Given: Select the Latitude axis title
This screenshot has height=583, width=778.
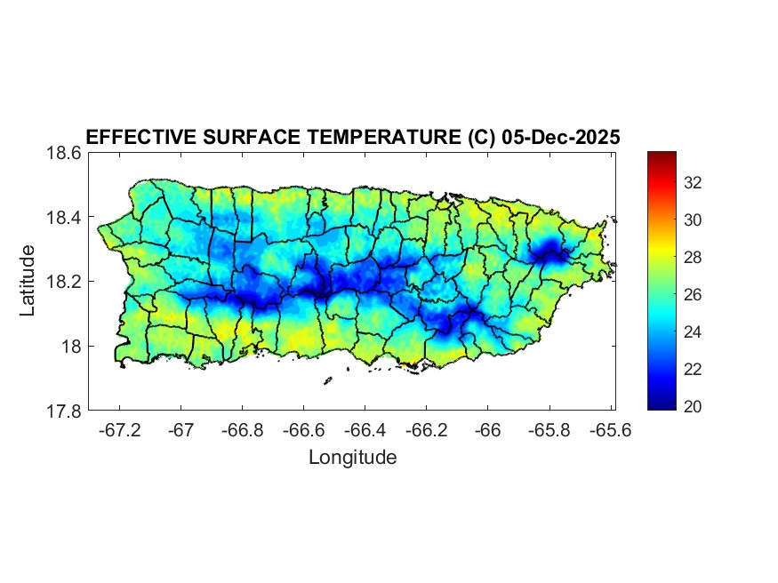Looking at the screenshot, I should pos(28,281).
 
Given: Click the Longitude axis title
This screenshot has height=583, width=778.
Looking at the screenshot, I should pos(352,458).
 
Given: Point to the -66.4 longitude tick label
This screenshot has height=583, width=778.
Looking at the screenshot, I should pos(365,430).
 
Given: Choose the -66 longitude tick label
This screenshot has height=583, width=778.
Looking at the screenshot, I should pos(487,430).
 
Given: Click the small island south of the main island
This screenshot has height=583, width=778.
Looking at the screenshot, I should pos(327,381).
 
